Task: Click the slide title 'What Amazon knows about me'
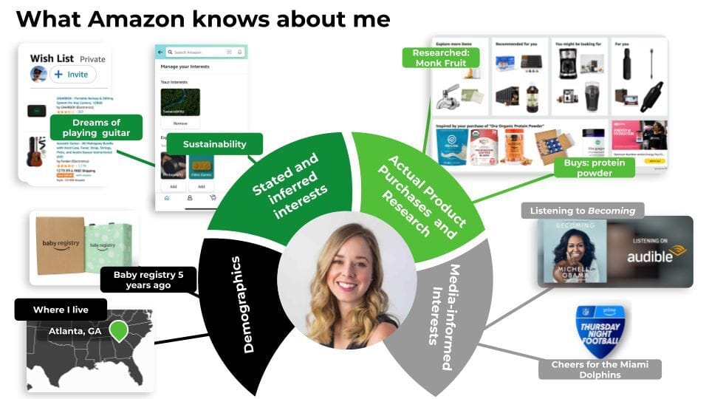pyautogui.click(x=202, y=18)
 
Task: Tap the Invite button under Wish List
pyautogui.click(x=73, y=75)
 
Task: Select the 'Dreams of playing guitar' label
pyautogui.click(x=96, y=128)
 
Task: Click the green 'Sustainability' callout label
pyautogui.click(x=214, y=144)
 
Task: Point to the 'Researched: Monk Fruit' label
pyautogui.click(x=440, y=58)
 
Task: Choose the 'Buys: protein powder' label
pyautogui.click(x=594, y=167)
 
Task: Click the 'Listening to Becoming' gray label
pyautogui.click(x=582, y=211)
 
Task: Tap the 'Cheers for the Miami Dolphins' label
pyautogui.click(x=599, y=369)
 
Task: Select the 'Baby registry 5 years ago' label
pyautogui.click(x=148, y=280)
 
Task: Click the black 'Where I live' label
pyautogui.click(x=61, y=310)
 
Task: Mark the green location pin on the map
pyautogui.click(x=118, y=330)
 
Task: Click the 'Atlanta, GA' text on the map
pyautogui.click(x=74, y=331)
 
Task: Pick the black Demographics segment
pyautogui.click(x=240, y=303)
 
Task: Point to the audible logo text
pyautogui.click(x=650, y=257)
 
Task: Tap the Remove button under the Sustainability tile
pyautogui.click(x=181, y=124)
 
